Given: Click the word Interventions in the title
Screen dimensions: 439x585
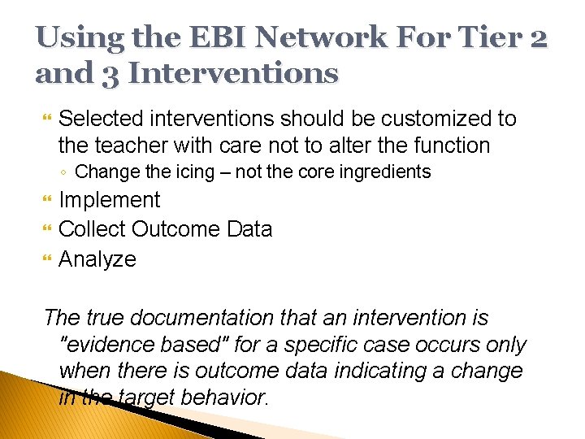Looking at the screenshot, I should [233, 72].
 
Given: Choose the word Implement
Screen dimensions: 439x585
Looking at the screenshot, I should [110, 200].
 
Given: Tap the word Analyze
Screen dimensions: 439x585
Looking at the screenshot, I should [97, 260].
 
